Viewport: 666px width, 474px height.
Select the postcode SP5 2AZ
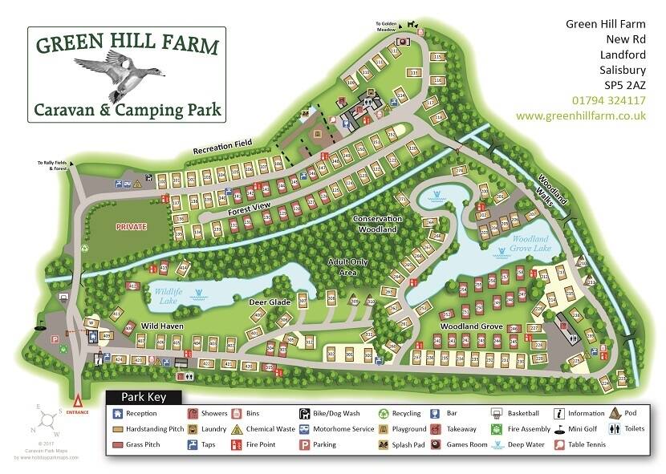coord(624,84)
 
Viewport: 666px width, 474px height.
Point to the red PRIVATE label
coord(132,227)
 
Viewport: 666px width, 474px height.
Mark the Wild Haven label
coord(164,327)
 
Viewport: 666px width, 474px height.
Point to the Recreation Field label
coord(221,148)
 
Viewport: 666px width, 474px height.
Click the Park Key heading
coord(144,396)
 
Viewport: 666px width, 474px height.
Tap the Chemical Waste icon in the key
coord(238,429)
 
